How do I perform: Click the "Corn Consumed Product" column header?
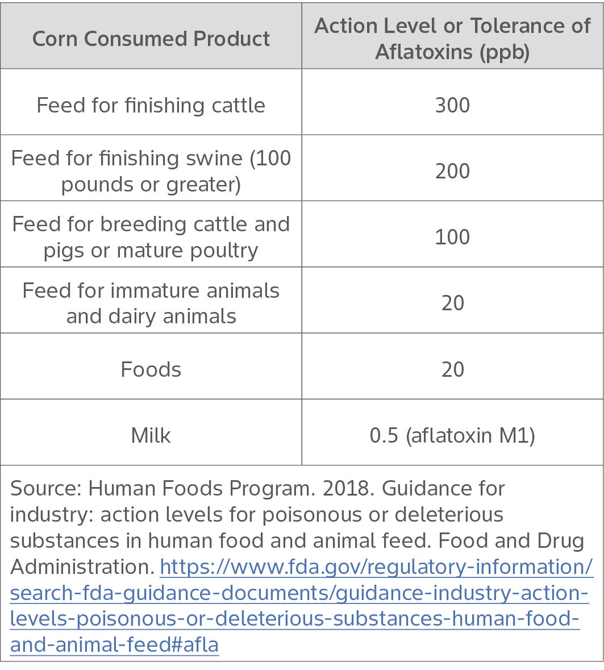151,39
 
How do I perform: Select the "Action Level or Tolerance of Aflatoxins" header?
452,27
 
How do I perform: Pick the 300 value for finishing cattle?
452,105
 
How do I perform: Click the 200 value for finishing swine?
452,171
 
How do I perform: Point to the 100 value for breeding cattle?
452,237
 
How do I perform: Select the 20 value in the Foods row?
452,369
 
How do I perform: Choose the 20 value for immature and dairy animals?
452,303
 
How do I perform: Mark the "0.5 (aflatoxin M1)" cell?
452,435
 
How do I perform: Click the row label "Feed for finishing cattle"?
151,105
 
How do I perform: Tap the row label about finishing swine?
151,170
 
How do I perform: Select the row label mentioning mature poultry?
151,237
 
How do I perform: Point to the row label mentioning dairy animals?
151,303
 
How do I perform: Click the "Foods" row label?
151,369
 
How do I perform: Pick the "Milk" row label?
151,435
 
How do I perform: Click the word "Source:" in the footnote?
46,488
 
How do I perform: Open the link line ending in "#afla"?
114,645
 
